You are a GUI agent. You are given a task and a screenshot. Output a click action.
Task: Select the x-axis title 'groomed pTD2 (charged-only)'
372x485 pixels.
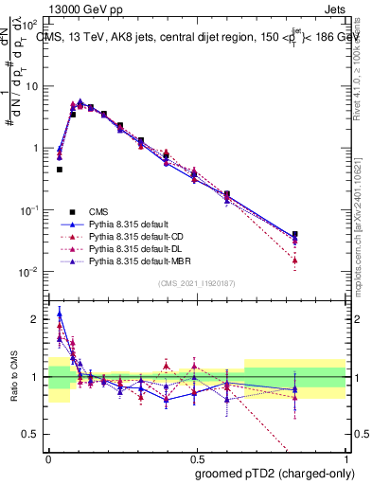[275, 474]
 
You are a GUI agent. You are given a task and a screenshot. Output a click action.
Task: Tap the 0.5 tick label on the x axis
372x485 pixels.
[197, 456]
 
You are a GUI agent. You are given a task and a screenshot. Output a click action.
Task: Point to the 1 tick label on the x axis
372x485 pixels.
[345, 456]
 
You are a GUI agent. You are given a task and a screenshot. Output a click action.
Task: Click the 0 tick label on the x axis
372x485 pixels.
[48, 456]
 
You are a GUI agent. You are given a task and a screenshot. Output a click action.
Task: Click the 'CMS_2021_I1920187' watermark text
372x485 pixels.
[197, 283]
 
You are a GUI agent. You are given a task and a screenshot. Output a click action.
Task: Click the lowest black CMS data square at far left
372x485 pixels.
[59, 170]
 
